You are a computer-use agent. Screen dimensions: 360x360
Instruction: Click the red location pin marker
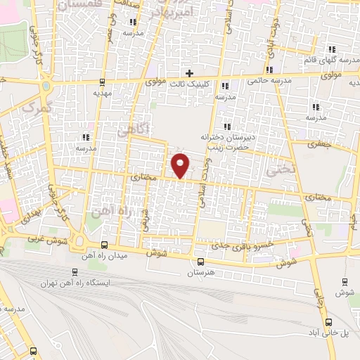pyautogui.click(x=181, y=165)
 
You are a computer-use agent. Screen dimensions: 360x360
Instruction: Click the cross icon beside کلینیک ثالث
pyautogui.click(x=189, y=73)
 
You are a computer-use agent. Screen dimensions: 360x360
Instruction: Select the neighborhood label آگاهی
pyautogui.click(x=132, y=129)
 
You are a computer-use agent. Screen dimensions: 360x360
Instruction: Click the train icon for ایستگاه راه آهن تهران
pyautogui.click(x=76, y=272)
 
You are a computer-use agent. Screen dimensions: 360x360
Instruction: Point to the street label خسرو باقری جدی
pyautogui.click(x=245, y=245)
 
